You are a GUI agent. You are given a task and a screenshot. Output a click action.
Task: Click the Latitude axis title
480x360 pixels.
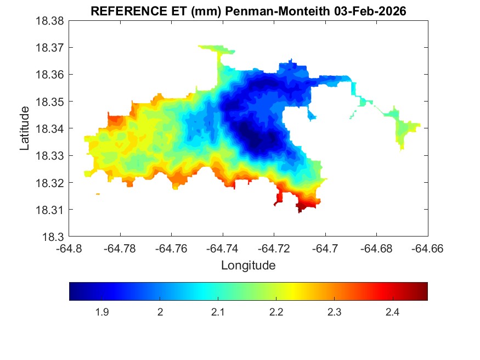coord(25,128)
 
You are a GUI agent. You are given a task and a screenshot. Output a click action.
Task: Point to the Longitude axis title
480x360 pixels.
coord(248,266)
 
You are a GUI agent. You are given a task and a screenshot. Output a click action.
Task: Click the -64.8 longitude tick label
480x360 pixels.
coord(70,248)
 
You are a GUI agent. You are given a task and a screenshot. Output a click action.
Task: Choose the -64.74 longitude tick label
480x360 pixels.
coord(222,248)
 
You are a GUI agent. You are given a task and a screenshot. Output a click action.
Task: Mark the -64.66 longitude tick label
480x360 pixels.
coord(427,248)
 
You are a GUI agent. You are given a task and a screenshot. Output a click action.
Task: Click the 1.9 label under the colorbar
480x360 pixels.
coord(101,312)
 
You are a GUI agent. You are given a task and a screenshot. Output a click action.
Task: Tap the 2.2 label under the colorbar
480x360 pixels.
coord(276,312)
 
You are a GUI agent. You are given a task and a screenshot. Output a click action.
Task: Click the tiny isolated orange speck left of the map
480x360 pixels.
coord(98,194)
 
